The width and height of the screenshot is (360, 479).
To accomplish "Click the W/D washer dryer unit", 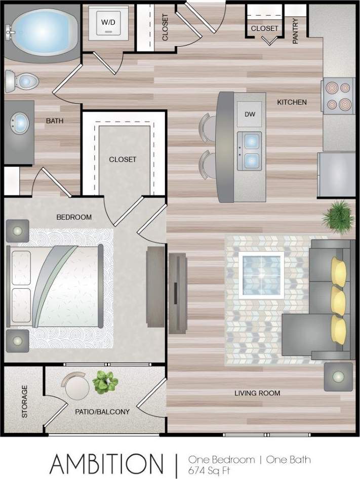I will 108,23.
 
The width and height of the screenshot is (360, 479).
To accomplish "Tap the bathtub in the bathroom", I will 42,31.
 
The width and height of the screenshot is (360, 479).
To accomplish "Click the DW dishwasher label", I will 250,114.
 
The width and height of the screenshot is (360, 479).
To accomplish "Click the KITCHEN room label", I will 292,102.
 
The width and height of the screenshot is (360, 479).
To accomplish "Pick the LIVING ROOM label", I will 257,393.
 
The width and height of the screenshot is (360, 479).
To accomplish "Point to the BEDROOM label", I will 74,217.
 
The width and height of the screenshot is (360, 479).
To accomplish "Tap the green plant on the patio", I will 105,382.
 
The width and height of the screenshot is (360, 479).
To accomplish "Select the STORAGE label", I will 24,402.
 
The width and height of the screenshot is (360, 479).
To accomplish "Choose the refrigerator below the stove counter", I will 337,175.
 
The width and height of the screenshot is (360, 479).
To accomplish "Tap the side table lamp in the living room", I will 338,377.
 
